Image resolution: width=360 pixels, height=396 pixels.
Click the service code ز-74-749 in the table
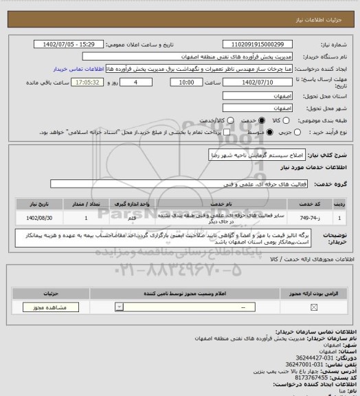tap(306, 217)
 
